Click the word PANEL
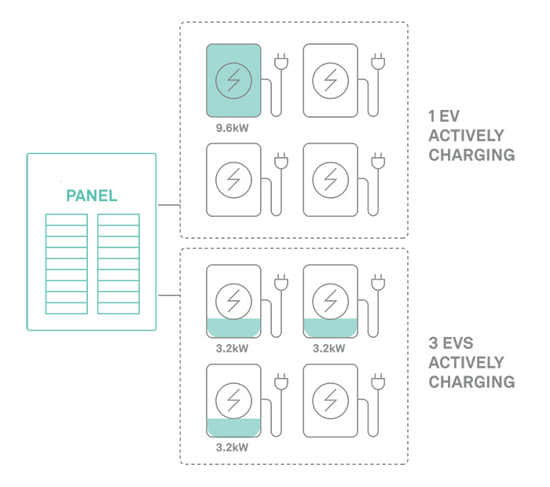tap(91, 196)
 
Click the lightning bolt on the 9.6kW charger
tap(234, 79)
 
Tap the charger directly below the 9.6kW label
tap(234, 179)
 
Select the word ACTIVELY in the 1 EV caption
tap(466, 135)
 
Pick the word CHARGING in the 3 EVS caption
tap(471, 383)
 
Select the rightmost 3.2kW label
tap(328, 348)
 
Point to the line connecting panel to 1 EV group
tap(168, 206)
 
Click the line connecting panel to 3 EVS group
tap(168, 296)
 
